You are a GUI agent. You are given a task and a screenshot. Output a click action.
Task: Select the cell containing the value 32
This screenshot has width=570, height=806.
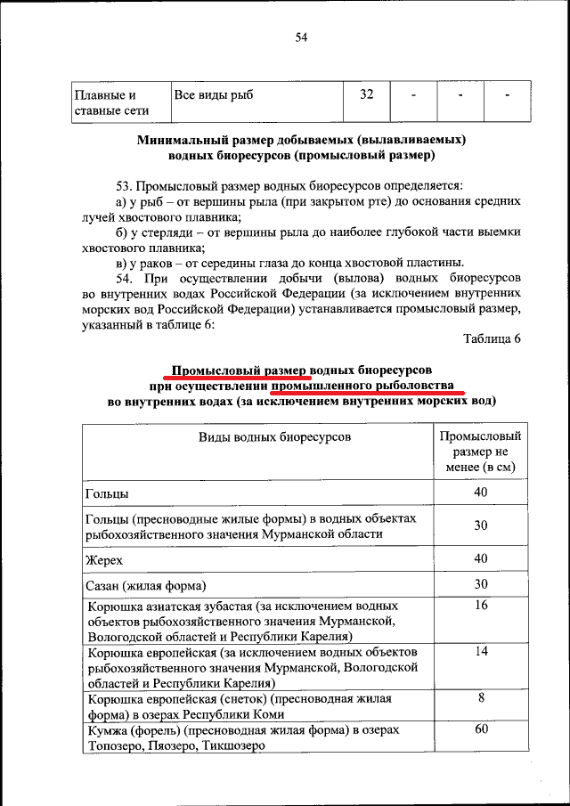pyautogui.click(x=366, y=94)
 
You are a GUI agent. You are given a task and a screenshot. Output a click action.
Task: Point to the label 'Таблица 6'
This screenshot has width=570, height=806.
pyautogui.click(x=492, y=338)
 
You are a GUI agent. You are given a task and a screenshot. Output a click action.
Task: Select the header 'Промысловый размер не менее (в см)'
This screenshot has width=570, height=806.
pyautogui.click(x=481, y=452)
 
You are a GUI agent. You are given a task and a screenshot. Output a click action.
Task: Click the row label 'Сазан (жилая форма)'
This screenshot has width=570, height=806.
pyautogui.click(x=146, y=585)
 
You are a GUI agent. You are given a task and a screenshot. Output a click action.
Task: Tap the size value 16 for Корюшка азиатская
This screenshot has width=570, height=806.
pyautogui.click(x=481, y=605)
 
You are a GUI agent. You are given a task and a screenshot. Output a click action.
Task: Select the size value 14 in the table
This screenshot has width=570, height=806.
pyautogui.click(x=481, y=651)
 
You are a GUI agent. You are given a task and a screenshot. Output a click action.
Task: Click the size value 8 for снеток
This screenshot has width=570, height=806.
pyautogui.click(x=481, y=697)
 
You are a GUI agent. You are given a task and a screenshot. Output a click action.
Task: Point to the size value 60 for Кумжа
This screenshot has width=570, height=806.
pyautogui.click(x=481, y=730)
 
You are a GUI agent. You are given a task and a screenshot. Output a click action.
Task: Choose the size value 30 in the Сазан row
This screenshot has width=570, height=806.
pyautogui.click(x=481, y=584)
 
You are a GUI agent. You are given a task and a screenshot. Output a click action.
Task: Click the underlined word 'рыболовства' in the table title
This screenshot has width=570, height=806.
pyautogui.click(x=417, y=386)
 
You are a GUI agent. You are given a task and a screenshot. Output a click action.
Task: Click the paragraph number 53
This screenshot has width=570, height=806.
pyautogui.click(x=125, y=186)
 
